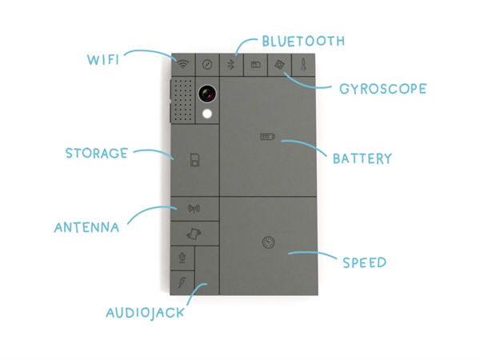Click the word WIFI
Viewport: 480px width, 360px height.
[x=106, y=58]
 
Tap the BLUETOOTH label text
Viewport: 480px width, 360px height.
[x=302, y=40]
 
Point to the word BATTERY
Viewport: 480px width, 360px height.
[x=362, y=158]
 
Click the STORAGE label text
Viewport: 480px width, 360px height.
[x=96, y=153]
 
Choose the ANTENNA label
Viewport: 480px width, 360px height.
[x=86, y=227]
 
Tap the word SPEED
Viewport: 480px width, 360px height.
[x=364, y=262]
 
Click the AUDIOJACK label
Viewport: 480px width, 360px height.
[x=145, y=312]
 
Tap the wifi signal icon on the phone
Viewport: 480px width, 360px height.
[x=183, y=64]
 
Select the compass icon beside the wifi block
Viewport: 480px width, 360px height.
[x=207, y=64]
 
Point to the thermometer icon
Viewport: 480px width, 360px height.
[x=304, y=64]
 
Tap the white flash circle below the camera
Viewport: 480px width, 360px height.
[x=208, y=114]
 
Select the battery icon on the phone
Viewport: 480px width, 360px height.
[x=266, y=137]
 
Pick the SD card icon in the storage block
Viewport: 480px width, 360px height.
[x=194, y=162]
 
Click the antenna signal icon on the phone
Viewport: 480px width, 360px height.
[x=194, y=210]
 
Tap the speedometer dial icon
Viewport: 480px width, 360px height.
[x=268, y=242]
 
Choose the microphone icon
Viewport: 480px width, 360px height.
[x=182, y=258]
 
